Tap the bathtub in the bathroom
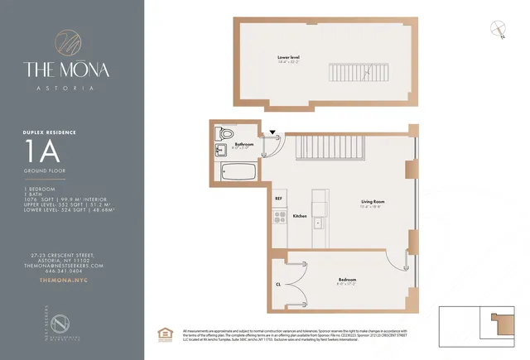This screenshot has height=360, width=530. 239,171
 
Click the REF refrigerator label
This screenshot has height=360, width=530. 278,198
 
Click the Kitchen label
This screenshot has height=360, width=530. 300,216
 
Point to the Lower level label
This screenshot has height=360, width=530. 288,58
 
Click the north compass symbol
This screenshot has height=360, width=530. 498,29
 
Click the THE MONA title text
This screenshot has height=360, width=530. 72,70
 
